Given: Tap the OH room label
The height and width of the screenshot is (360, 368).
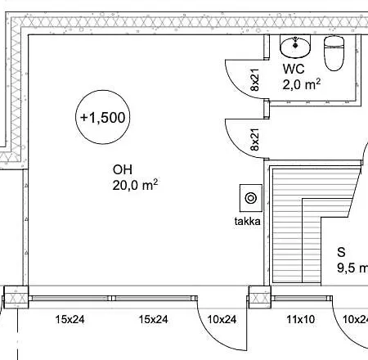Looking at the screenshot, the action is click(123, 169).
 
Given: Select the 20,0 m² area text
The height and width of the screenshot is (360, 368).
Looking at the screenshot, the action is click(135, 185).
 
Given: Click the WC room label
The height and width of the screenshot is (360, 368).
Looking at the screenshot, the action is click(294, 69).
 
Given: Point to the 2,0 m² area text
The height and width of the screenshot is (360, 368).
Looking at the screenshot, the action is click(301, 84).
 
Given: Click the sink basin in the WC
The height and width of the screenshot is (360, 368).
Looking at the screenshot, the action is click(295, 47).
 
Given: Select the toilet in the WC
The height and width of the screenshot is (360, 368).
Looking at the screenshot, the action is click(334, 53).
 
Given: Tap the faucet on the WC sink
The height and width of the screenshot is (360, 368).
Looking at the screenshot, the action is click(295, 43).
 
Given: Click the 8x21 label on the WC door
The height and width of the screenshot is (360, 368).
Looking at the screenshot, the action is click(254, 79).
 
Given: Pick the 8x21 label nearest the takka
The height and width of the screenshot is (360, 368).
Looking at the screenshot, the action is click(254, 139).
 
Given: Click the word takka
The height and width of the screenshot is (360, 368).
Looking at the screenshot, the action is click(247, 221).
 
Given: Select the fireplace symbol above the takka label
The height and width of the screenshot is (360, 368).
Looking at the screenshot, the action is click(251, 198).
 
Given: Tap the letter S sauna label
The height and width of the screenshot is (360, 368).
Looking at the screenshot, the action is click(341, 252).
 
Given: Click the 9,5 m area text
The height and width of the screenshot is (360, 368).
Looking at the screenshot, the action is click(352, 268).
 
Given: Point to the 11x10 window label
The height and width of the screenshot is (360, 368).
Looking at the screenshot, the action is click(300, 319).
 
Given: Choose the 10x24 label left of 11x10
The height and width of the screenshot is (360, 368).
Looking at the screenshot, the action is click(222, 319).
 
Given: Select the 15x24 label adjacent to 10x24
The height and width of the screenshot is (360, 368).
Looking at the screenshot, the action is click(154, 319).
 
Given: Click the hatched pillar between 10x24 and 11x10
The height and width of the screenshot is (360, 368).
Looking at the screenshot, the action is click(259, 297).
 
